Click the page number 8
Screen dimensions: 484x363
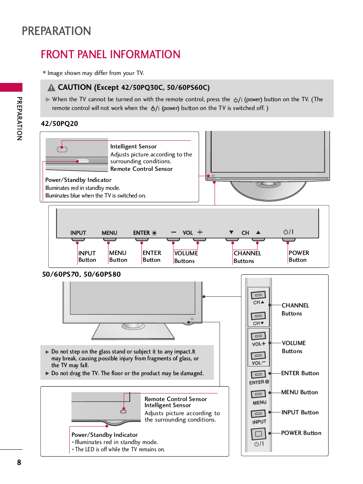(x=19, y=462)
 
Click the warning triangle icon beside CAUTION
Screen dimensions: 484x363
(x=51, y=88)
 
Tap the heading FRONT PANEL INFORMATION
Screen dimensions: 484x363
(x=110, y=54)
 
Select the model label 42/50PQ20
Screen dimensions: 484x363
(x=59, y=124)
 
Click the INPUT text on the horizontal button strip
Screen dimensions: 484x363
(x=78, y=233)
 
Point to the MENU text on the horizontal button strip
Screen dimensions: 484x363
(x=109, y=233)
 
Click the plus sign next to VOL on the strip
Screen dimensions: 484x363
(x=200, y=232)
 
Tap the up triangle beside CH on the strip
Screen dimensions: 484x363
(x=258, y=232)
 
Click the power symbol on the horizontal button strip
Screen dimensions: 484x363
(x=288, y=232)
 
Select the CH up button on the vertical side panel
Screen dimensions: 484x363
(x=258, y=295)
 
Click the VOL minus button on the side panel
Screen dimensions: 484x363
(x=258, y=355)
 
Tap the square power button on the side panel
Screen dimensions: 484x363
(x=258, y=434)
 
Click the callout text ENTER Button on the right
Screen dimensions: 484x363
(x=300, y=373)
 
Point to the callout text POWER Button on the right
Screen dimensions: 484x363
(x=301, y=433)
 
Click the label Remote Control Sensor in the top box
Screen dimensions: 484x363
(x=141, y=169)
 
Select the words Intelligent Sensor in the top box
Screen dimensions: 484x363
(x=133, y=146)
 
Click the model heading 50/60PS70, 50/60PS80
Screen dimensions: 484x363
(x=81, y=274)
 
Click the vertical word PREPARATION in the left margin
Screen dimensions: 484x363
(x=19, y=118)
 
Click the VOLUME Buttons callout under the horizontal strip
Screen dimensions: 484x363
(x=186, y=257)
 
